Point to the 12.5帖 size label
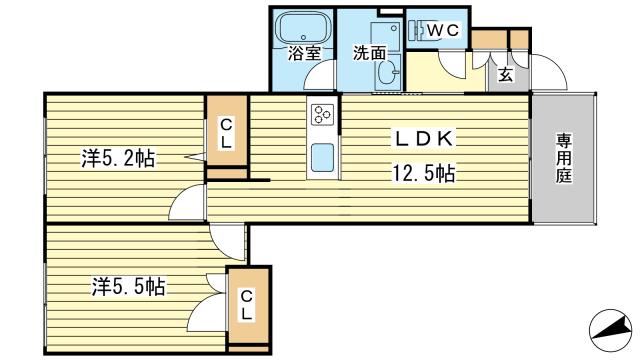click(x=424, y=175)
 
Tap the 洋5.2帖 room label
click(x=117, y=158)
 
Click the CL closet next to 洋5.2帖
click(x=227, y=133)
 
